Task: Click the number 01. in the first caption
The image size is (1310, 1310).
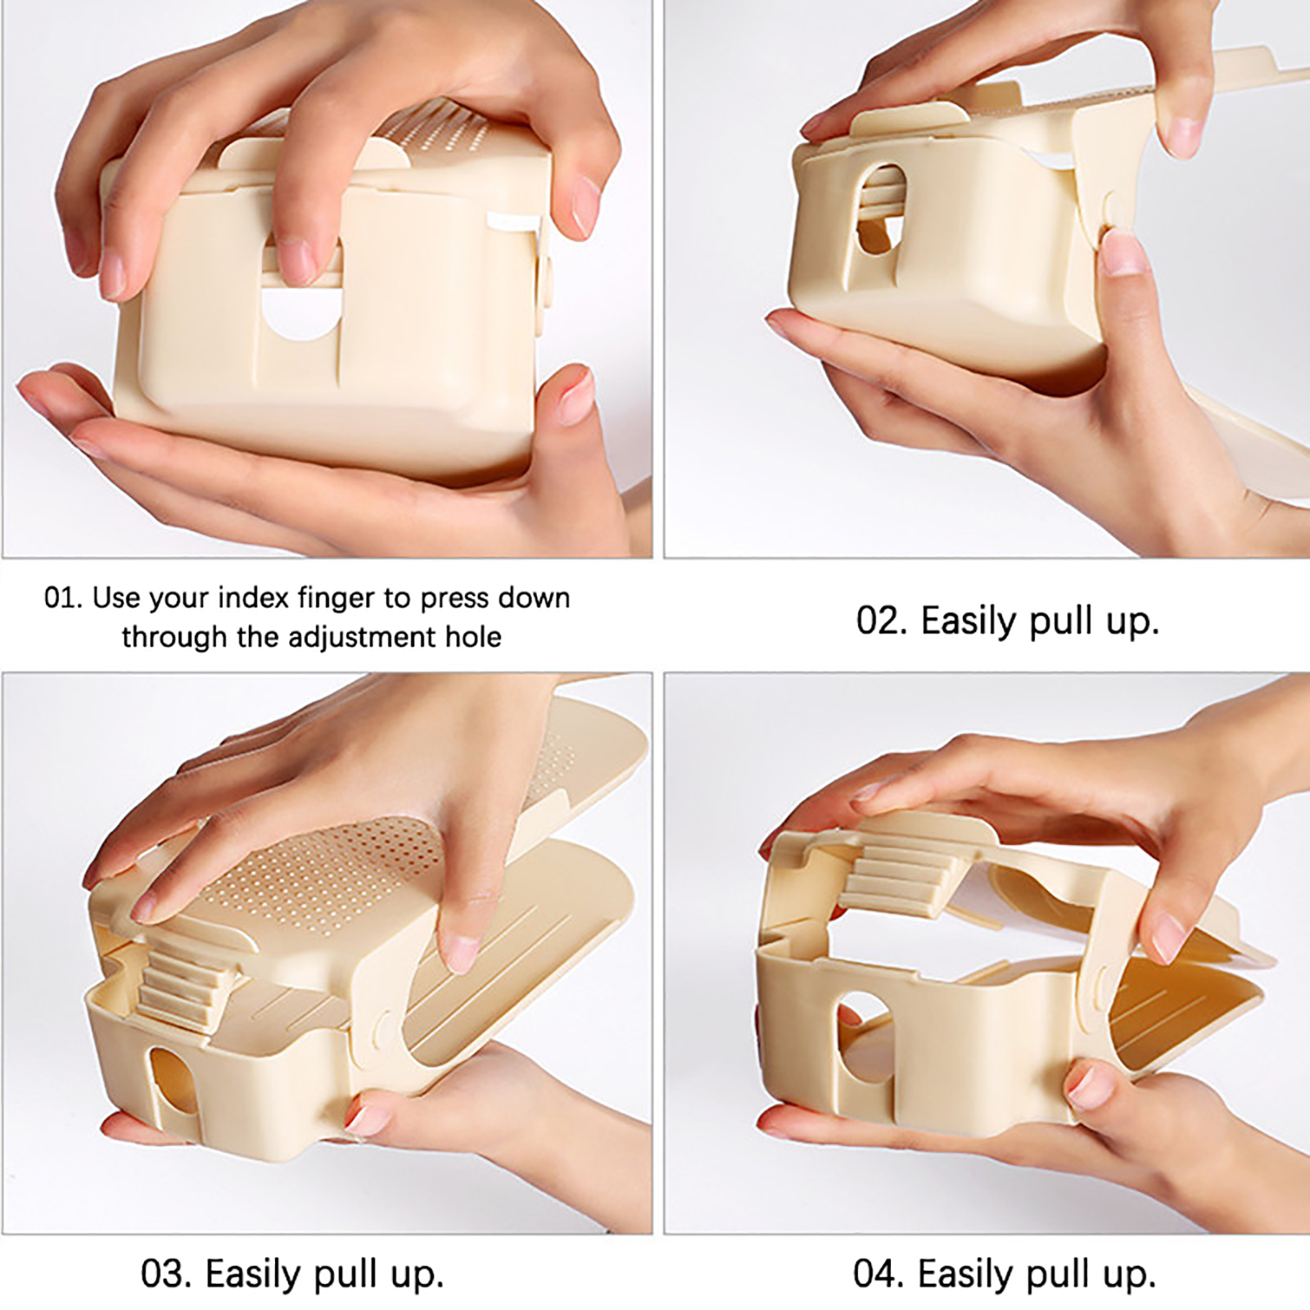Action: coord(63,598)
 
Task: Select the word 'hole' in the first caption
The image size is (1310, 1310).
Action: coord(472,637)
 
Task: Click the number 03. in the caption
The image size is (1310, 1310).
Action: coord(166,1274)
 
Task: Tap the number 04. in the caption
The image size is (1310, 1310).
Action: coord(879,1274)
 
